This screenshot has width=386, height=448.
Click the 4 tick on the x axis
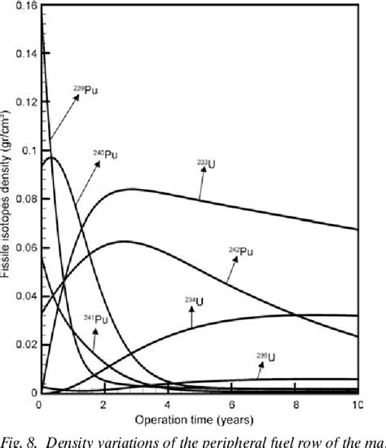coord(167,405)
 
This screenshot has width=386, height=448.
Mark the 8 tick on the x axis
coord(295,405)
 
